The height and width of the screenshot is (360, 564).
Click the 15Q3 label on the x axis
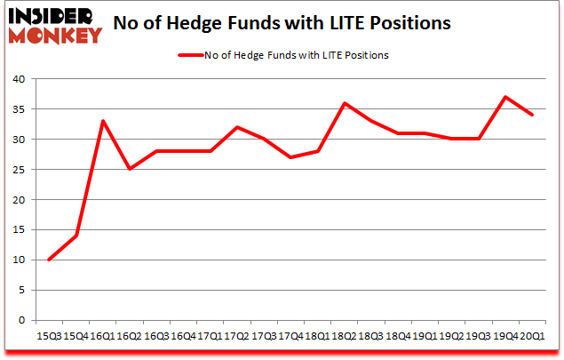pos(49,335)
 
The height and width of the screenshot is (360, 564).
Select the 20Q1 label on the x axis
pos(533,335)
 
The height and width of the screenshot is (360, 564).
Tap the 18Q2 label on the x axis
pos(345,335)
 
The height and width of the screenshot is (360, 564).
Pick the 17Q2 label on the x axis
pos(237,335)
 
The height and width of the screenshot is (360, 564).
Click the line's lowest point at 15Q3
pos(49,260)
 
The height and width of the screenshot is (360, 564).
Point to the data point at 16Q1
pos(102,121)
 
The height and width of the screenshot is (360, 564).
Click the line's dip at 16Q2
pos(130,169)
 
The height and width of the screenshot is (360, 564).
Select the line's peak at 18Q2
pos(345,103)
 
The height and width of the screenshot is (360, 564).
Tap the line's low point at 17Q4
pos(290,157)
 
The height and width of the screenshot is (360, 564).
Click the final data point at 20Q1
pos(532,115)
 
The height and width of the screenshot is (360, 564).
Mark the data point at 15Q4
pos(75,236)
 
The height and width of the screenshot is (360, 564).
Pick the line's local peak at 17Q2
pos(237,127)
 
